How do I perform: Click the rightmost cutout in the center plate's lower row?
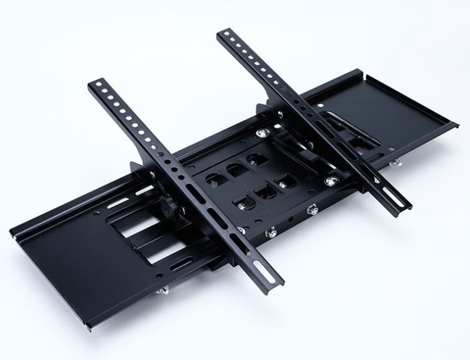[x=283, y=180]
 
